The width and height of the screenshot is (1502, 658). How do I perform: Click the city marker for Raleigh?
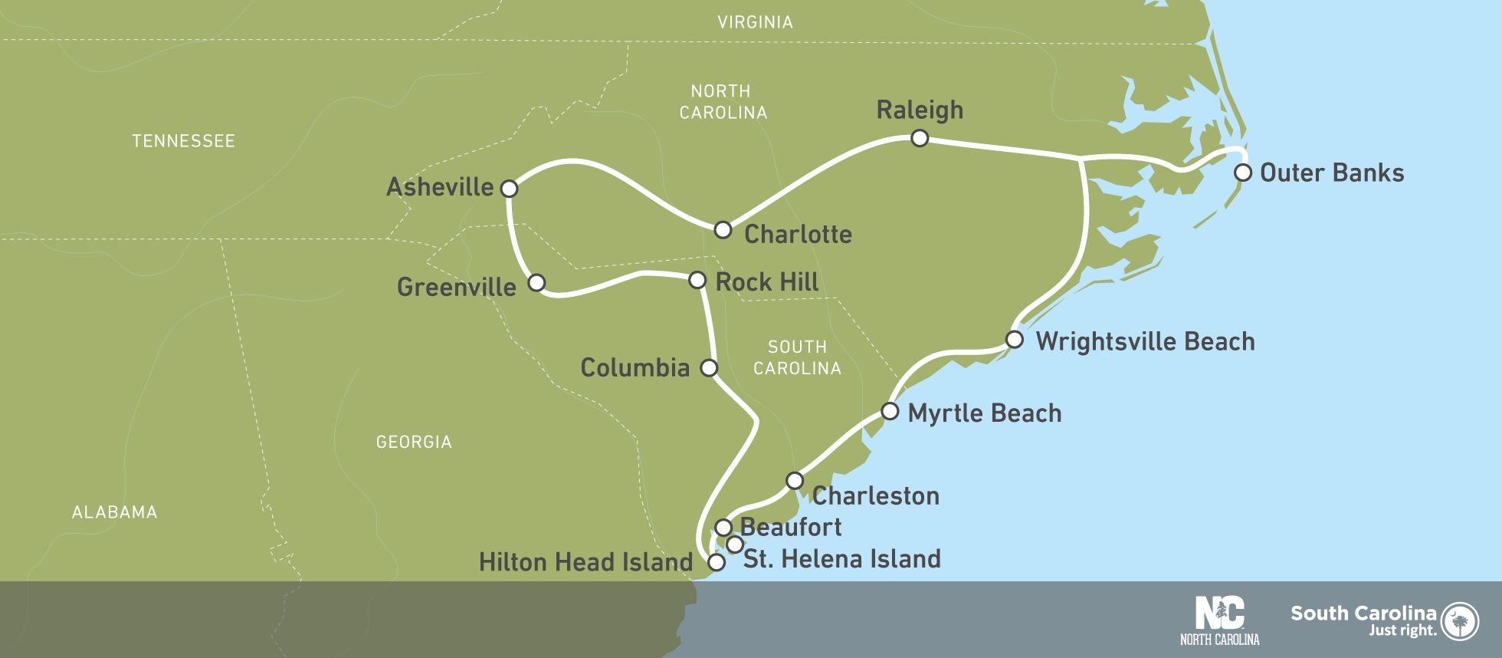pos(920,138)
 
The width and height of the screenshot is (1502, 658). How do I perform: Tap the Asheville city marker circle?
pos(509,188)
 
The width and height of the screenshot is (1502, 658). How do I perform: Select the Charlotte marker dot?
pos(723,229)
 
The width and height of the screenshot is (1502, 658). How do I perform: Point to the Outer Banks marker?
pos(1242,172)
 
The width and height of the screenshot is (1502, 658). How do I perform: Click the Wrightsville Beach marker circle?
pos(1014,339)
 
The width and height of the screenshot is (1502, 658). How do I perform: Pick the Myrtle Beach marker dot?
pos(889,411)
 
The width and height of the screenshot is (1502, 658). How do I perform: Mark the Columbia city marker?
pos(709,367)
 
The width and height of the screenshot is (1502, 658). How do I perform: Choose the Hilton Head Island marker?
pos(716,562)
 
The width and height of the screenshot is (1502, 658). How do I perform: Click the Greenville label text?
pos(456,287)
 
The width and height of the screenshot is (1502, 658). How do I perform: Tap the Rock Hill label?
pos(766,281)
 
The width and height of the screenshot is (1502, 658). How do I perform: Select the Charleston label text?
pos(875,495)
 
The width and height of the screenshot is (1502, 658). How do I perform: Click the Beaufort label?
pos(791,527)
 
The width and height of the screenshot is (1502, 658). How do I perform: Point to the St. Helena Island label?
pos(841,558)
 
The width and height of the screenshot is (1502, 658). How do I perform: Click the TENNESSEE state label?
pos(183,141)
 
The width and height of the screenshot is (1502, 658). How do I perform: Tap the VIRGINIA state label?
pos(755,22)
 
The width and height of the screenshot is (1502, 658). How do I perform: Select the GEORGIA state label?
pos(414,442)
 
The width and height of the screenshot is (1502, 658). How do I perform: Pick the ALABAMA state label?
pos(114,512)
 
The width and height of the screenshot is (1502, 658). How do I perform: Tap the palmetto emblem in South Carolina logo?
pos(1460,620)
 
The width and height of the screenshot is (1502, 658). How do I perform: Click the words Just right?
pos(1402,630)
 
